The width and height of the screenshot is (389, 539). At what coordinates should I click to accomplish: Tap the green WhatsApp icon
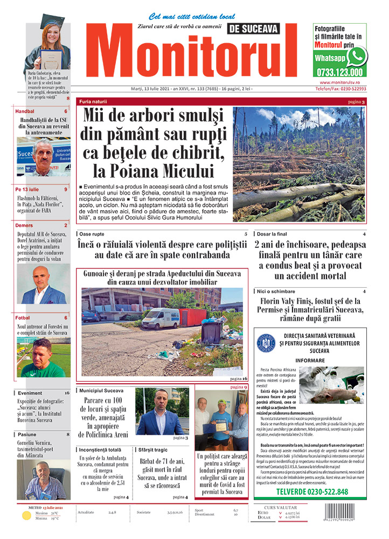pyautogui.click(x=357, y=56)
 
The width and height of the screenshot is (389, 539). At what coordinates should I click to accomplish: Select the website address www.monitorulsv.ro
pyautogui.click(x=339, y=82)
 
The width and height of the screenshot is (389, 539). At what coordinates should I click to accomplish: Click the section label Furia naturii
pyautogui.click(x=93, y=101)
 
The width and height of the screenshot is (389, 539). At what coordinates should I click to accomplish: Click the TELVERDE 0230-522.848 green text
pyautogui.click(x=312, y=492)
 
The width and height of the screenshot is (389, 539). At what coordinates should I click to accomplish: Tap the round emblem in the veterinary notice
pyautogui.click(x=267, y=343)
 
